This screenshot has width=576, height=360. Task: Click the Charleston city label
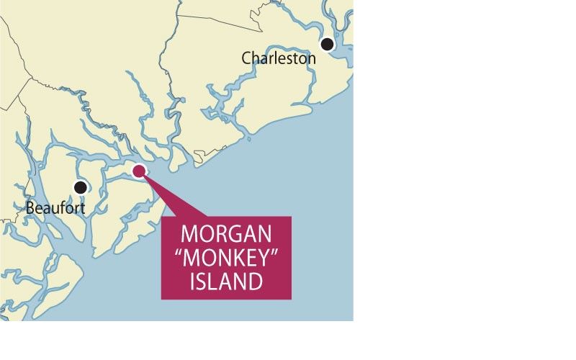click(279, 58)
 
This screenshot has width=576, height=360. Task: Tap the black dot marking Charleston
click(328, 44)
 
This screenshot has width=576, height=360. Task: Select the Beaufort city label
click(55, 208)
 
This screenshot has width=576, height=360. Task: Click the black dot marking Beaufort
click(81, 187)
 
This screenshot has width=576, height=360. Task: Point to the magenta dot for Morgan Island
click(140, 170)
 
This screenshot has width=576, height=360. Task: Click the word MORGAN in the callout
click(225, 235)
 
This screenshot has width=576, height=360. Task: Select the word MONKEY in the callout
click(226, 258)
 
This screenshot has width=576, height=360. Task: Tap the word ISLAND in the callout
click(226, 281)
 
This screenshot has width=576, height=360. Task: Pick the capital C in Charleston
click(247, 58)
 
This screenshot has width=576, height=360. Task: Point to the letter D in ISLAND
click(256, 281)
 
